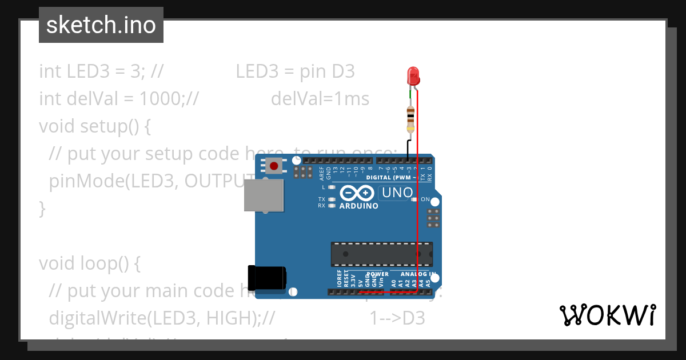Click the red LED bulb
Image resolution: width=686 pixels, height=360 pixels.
(x=412, y=76)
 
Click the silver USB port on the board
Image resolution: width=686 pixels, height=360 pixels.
(x=264, y=197)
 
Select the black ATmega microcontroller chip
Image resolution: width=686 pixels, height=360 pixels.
(x=381, y=254)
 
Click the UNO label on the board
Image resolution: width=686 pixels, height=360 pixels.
(x=397, y=193)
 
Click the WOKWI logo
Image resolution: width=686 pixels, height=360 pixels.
(x=607, y=315)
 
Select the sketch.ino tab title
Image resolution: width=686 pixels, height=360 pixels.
(x=101, y=25)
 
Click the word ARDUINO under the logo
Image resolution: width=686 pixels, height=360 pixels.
(x=358, y=206)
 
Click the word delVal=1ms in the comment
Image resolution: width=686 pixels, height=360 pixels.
(x=320, y=99)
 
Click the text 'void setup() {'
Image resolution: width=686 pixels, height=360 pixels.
(x=95, y=126)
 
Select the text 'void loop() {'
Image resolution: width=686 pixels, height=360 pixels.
(x=89, y=263)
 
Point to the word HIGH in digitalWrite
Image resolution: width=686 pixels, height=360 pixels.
(x=225, y=318)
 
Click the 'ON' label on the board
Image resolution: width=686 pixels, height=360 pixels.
(x=425, y=199)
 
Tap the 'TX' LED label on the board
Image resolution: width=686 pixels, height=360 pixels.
(x=322, y=199)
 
